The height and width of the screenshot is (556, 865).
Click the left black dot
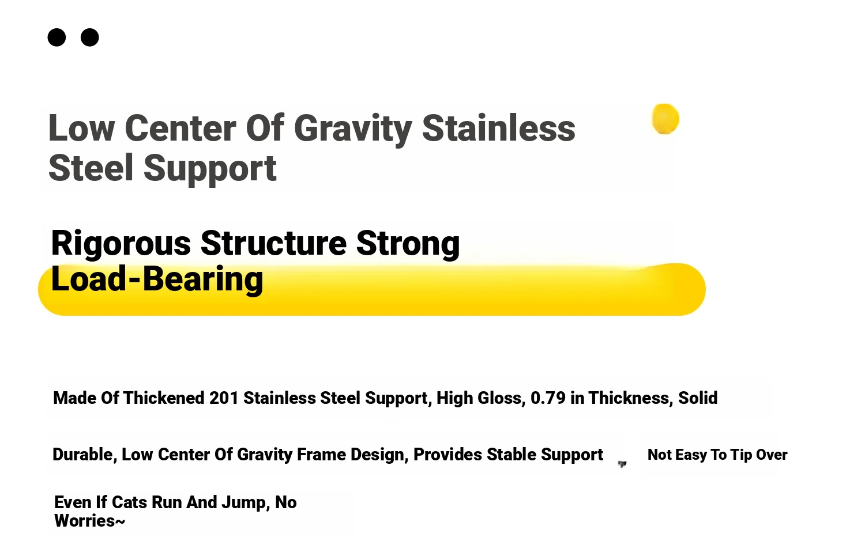point(57,37)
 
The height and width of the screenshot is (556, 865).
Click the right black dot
point(89,37)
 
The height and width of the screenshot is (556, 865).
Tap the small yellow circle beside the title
point(665,119)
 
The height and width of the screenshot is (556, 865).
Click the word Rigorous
point(121,244)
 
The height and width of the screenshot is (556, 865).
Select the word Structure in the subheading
point(273,243)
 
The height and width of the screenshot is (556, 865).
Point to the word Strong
point(408,244)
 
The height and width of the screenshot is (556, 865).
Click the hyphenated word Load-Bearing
point(157,279)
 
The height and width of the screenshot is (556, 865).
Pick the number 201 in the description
point(224,398)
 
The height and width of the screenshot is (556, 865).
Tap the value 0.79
point(548,398)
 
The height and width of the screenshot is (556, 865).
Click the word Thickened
point(164,398)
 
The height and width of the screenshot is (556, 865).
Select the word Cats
point(129,503)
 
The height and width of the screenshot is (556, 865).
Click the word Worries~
point(89,521)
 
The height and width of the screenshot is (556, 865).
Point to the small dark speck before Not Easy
point(622,464)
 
